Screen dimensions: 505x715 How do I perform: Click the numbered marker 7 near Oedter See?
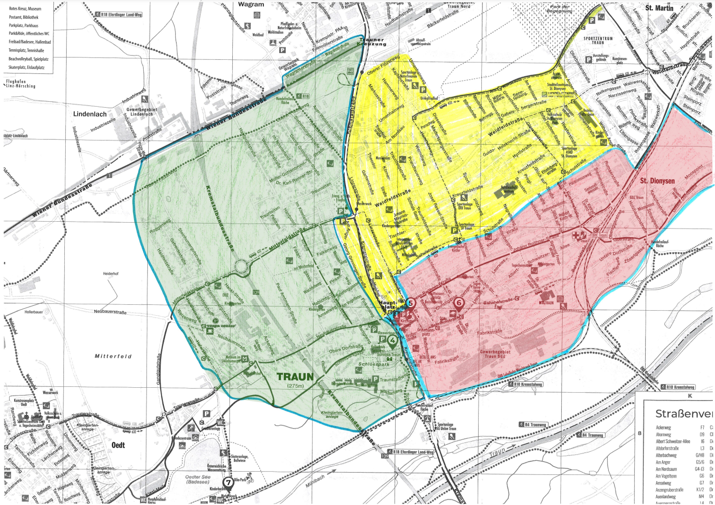coord(228,482)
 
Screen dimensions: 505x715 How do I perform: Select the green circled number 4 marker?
coord(392,340)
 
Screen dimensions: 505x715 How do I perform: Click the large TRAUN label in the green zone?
coord(295,377)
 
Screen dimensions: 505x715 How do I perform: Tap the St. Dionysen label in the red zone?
coord(657,181)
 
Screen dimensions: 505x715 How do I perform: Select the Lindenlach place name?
coord(90,114)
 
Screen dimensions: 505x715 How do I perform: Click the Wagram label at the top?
coord(251,5)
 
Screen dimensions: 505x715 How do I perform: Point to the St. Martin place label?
coord(659,8)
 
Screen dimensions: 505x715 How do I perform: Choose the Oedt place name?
coord(118,445)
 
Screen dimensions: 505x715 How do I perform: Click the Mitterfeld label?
coord(113,356)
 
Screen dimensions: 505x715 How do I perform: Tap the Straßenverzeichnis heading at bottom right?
coord(683,414)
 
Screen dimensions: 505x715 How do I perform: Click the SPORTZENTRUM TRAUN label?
coord(598,41)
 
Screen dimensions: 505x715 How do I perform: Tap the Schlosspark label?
coord(374,365)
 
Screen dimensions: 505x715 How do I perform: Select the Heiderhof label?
coord(110,274)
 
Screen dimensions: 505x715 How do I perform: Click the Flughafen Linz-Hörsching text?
coord(21,83)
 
